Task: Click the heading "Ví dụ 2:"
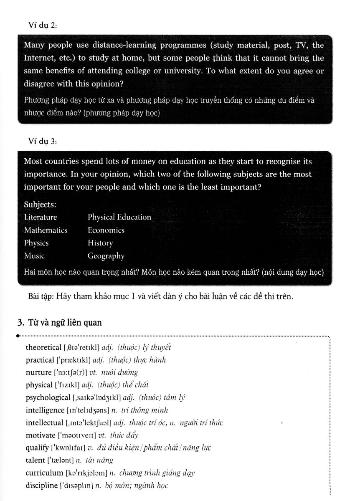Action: tap(42, 25)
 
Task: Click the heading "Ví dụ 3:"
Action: tap(42, 141)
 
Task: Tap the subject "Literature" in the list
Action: tap(41, 217)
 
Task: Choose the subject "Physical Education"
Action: tap(119, 217)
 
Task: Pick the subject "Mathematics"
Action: tap(46, 230)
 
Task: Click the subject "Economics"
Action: tap(106, 230)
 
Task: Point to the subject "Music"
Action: tap(34, 256)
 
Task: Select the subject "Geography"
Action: tap(106, 256)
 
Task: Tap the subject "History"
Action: tap(100, 243)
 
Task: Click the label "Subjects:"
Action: tap(40, 205)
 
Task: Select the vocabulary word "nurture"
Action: tap(38, 372)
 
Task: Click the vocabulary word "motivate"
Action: tap(41, 435)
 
